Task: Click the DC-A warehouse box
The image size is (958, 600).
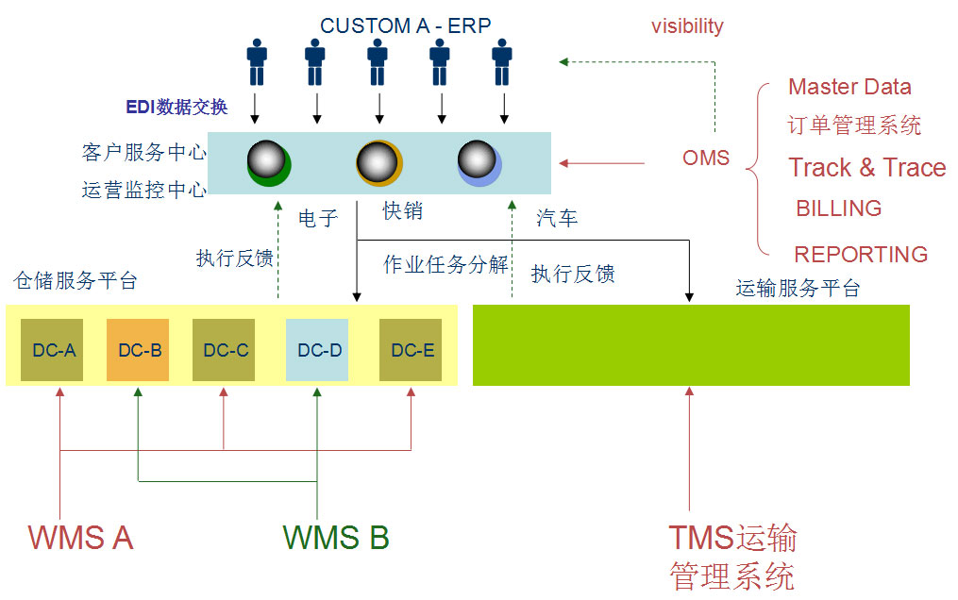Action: point(53,350)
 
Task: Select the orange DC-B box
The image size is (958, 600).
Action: point(139,350)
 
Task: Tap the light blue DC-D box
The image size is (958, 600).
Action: point(318,350)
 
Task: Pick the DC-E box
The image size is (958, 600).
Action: point(412,350)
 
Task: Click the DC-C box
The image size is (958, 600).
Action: point(225,350)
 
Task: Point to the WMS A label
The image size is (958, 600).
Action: point(80,537)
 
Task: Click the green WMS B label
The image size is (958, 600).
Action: point(336,537)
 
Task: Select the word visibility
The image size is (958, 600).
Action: point(687,26)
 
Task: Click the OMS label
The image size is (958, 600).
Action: point(706,158)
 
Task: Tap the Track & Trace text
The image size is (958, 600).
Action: point(866,168)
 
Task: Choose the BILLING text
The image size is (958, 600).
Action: point(839,208)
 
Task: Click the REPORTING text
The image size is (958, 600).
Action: point(861,255)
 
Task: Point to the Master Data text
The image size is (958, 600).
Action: point(849,88)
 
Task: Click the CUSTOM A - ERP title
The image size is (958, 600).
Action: point(406,25)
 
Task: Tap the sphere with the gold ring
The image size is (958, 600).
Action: point(379,162)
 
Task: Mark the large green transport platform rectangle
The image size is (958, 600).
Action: point(691,344)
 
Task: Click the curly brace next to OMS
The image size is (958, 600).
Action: point(754,170)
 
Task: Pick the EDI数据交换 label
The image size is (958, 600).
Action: point(177,107)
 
